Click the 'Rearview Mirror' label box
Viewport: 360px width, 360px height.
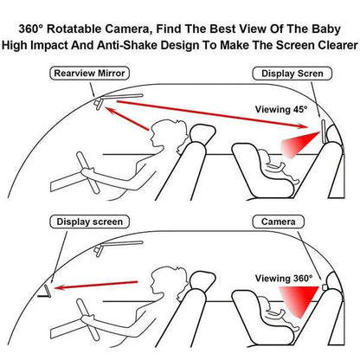tap(89, 74)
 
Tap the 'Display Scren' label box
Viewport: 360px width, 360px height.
tap(292, 74)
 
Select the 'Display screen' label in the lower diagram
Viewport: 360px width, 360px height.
tap(89, 222)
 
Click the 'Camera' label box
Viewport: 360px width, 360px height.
tap(279, 222)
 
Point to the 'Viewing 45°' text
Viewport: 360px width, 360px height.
tap(281, 110)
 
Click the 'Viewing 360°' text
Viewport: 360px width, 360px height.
tap(284, 279)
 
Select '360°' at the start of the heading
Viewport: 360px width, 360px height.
tap(31, 29)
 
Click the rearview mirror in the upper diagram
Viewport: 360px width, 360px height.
tap(98, 103)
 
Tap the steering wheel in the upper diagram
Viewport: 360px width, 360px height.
tap(87, 172)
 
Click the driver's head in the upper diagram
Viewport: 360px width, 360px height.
tap(168, 133)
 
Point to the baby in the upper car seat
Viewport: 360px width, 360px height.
tap(278, 166)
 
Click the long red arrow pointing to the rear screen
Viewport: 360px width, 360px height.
tap(212, 114)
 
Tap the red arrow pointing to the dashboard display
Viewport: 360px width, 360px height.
tap(96, 285)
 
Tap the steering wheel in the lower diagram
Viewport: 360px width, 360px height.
tap(87, 319)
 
